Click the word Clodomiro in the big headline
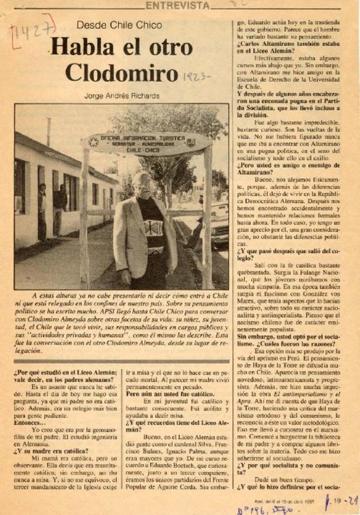click(121, 72)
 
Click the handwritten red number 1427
click(31, 31)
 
